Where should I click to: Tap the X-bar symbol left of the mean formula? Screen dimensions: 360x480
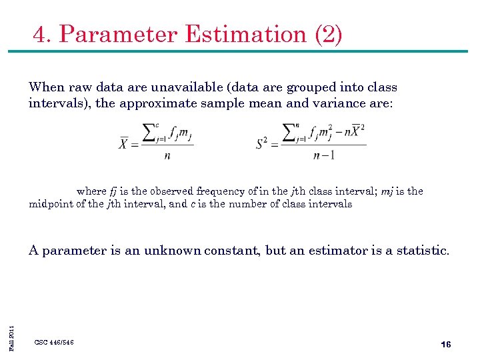123,143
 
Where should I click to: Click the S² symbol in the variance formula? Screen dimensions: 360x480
263,143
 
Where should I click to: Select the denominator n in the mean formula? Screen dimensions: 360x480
167,156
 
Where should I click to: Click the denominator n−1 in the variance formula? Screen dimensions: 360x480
323,156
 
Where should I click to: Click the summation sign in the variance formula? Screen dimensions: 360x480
289,133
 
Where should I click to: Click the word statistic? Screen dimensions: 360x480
423,251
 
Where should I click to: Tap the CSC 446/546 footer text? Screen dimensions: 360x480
54,342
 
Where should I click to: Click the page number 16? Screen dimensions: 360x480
446,344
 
